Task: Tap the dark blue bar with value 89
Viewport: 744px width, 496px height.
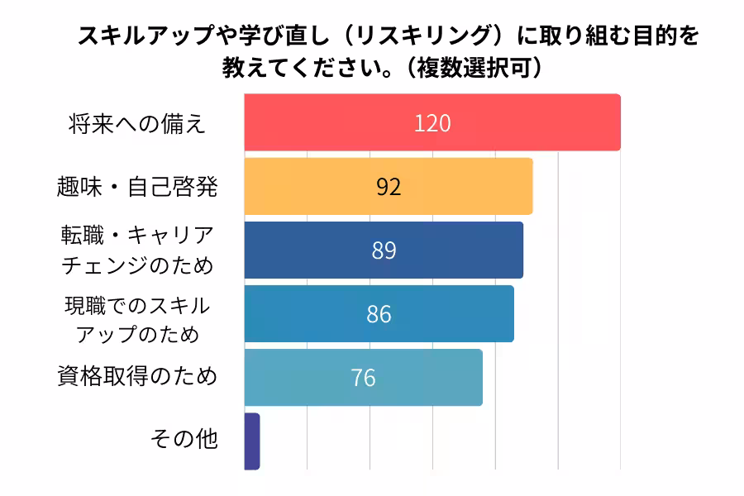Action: (x=455, y=250)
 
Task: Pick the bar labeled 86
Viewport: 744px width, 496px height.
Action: (x=446, y=314)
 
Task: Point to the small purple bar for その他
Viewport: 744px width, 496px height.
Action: (x=252, y=441)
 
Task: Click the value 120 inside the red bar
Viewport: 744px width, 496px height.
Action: (x=432, y=123)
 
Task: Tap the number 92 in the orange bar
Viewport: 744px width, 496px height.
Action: (x=389, y=187)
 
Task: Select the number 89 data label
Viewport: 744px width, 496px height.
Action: (x=384, y=250)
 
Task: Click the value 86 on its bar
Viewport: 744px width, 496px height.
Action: (x=379, y=314)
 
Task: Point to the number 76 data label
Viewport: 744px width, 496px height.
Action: (x=363, y=378)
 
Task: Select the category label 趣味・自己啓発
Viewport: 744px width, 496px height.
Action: (x=138, y=188)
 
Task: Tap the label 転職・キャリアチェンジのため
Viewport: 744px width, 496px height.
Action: (x=138, y=250)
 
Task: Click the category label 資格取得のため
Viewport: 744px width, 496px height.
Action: (x=137, y=377)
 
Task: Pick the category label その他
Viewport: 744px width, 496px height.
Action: (x=184, y=440)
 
